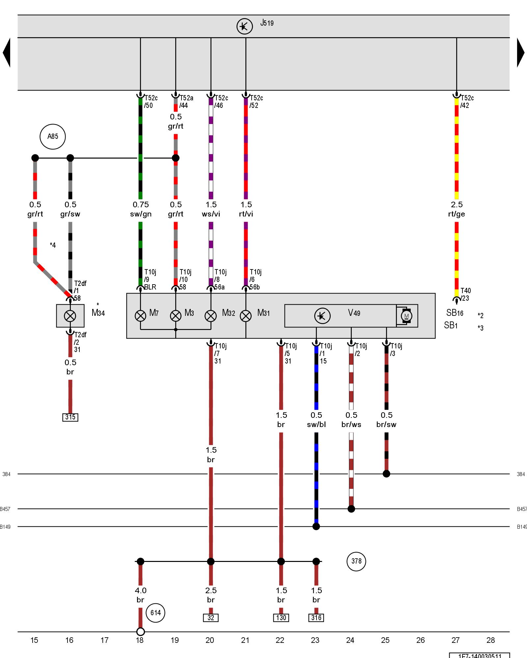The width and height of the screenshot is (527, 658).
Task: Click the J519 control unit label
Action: (x=267, y=23)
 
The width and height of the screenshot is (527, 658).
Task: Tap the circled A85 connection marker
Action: (x=53, y=137)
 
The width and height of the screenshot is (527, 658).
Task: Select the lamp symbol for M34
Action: (x=70, y=316)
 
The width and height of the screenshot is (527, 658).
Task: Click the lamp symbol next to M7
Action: (x=140, y=316)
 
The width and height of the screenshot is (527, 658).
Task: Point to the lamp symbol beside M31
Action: (x=246, y=316)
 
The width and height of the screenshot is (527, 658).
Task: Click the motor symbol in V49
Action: (x=406, y=316)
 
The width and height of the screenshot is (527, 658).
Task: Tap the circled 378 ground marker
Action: (x=356, y=561)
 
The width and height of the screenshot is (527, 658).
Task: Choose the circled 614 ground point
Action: (x=155, y=613)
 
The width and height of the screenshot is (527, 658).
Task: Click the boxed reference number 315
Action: (x=70, y=417)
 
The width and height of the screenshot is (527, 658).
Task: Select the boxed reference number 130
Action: (x=281, y=618)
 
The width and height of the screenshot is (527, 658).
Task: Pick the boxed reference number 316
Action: (x=316, y=618)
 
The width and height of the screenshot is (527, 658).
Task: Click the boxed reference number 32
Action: (x=211, y=618)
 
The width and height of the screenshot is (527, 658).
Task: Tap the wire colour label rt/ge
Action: (x=457, y=214)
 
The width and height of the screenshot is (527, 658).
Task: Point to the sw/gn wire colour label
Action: (x=141, y=214)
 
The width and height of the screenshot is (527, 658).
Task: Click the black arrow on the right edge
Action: (x=520, y=53)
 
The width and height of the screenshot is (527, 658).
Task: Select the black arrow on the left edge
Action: (x=7, y=53)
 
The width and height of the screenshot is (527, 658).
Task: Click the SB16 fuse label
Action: (x=455, y=313)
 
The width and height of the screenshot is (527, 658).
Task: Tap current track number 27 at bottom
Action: (x=456, y=640)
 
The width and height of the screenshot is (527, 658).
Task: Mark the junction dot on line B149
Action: (x=316, y=526)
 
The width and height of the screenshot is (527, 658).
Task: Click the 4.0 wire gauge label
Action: (x=141, y=590)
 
